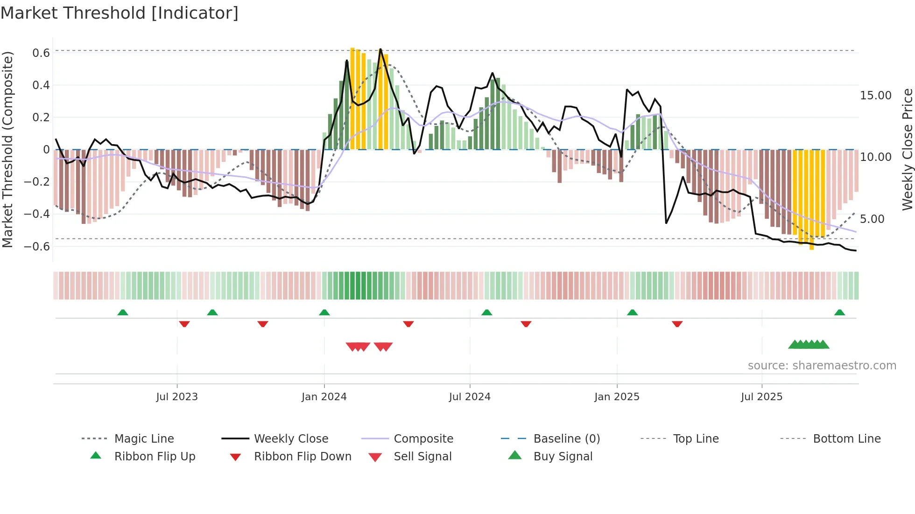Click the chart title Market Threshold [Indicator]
120,13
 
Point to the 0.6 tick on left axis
41,53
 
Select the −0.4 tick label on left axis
37,214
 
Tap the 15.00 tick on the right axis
876,96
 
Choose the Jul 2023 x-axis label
177,397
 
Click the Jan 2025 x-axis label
617,397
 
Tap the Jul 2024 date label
470,397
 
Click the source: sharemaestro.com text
822,366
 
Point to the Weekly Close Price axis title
907,149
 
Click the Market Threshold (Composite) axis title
7,149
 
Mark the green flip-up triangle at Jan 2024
324,313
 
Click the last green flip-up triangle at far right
839,313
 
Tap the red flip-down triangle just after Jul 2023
184,324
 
